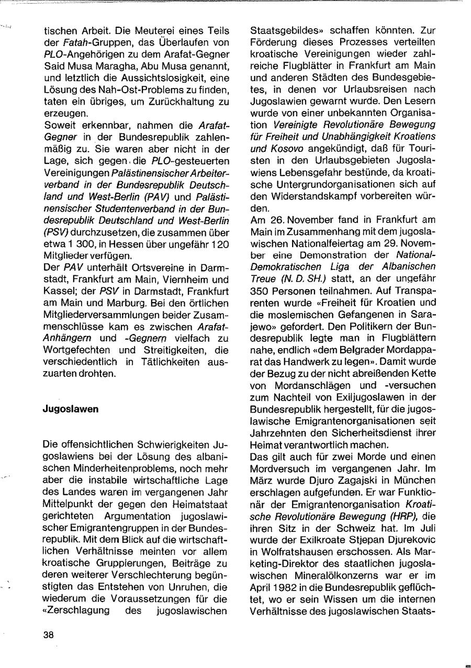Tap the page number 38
pos(49,634)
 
